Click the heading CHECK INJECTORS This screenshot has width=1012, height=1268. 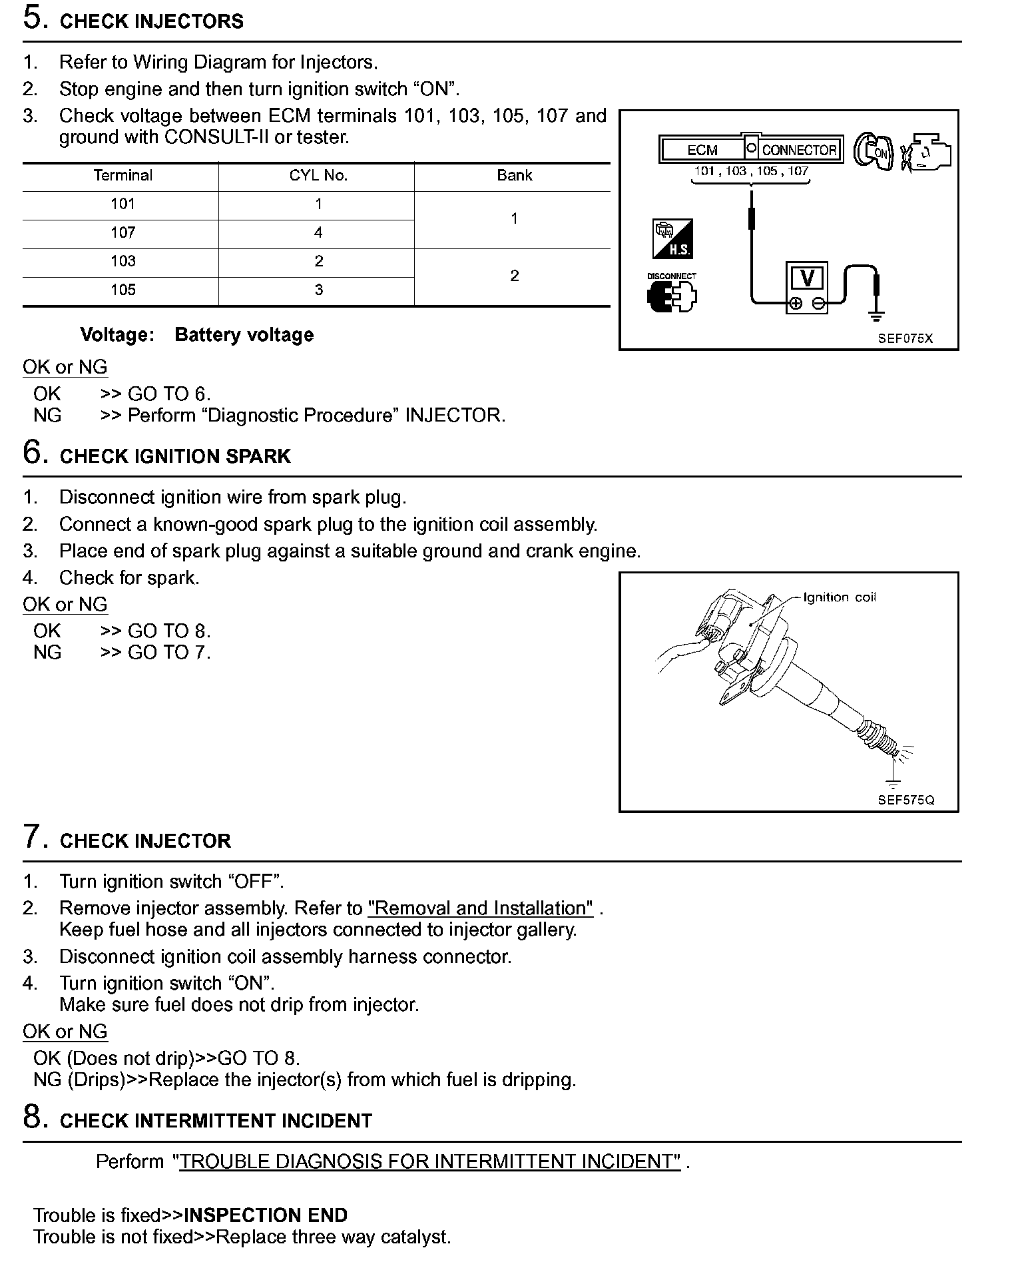[x=151, y=21]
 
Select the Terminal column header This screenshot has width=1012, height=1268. [x=123, y=176]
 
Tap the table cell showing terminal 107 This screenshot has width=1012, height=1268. [x=123, y=233]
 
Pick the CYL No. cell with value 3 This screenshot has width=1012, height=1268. [x=318, y=290]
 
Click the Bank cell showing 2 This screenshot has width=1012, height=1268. [x=514, y=276]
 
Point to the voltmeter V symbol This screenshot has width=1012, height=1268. [x=807, y=278]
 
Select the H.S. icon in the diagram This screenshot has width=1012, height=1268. [x=672, y=239]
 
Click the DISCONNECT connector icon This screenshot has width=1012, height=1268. [x=671, y=293]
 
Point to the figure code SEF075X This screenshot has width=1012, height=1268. [x=905, y=338]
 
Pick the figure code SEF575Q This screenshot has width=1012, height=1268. [x=905, y=800]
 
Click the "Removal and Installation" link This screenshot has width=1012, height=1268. [x=480, y=908]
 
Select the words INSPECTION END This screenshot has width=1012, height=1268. [x=266, y=1215]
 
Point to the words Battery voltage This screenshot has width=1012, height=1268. [x=244, y=335]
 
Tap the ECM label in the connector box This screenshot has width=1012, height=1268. [x=702, y=151]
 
